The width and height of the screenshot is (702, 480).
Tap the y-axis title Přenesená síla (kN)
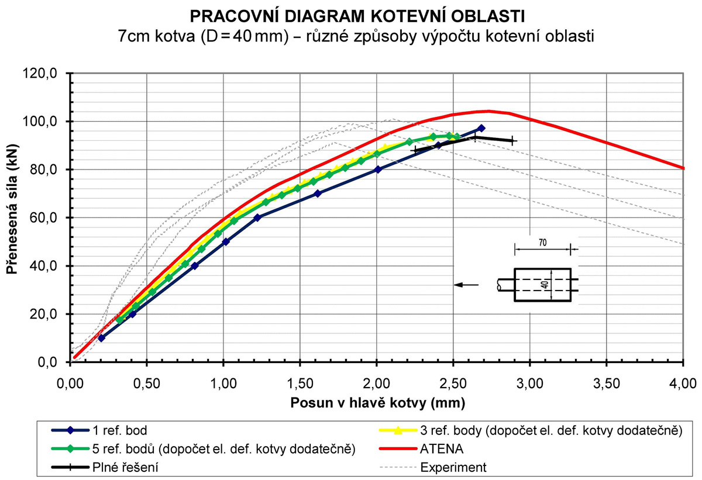pos(13,217)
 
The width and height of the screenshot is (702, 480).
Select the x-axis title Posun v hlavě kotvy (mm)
pos(376,403)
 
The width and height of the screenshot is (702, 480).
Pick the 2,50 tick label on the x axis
pos(453,384)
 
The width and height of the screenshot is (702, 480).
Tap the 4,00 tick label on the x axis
pos(682,384)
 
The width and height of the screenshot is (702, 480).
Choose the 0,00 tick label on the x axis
pos(70,384)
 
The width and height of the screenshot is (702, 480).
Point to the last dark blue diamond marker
pos(481,128)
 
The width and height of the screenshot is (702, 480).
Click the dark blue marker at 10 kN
pos(101,338)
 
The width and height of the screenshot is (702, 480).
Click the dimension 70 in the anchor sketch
pos(542,241)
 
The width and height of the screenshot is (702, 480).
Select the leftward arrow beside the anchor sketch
pos(466,285)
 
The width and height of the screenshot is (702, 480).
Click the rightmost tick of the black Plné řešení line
pos(512,141)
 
